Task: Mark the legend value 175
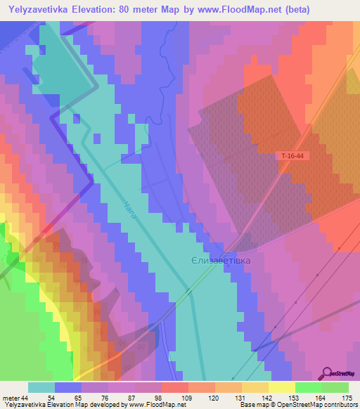coord(346,397)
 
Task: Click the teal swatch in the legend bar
coord(41,387)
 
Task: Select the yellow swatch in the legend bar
coord(281,387)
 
